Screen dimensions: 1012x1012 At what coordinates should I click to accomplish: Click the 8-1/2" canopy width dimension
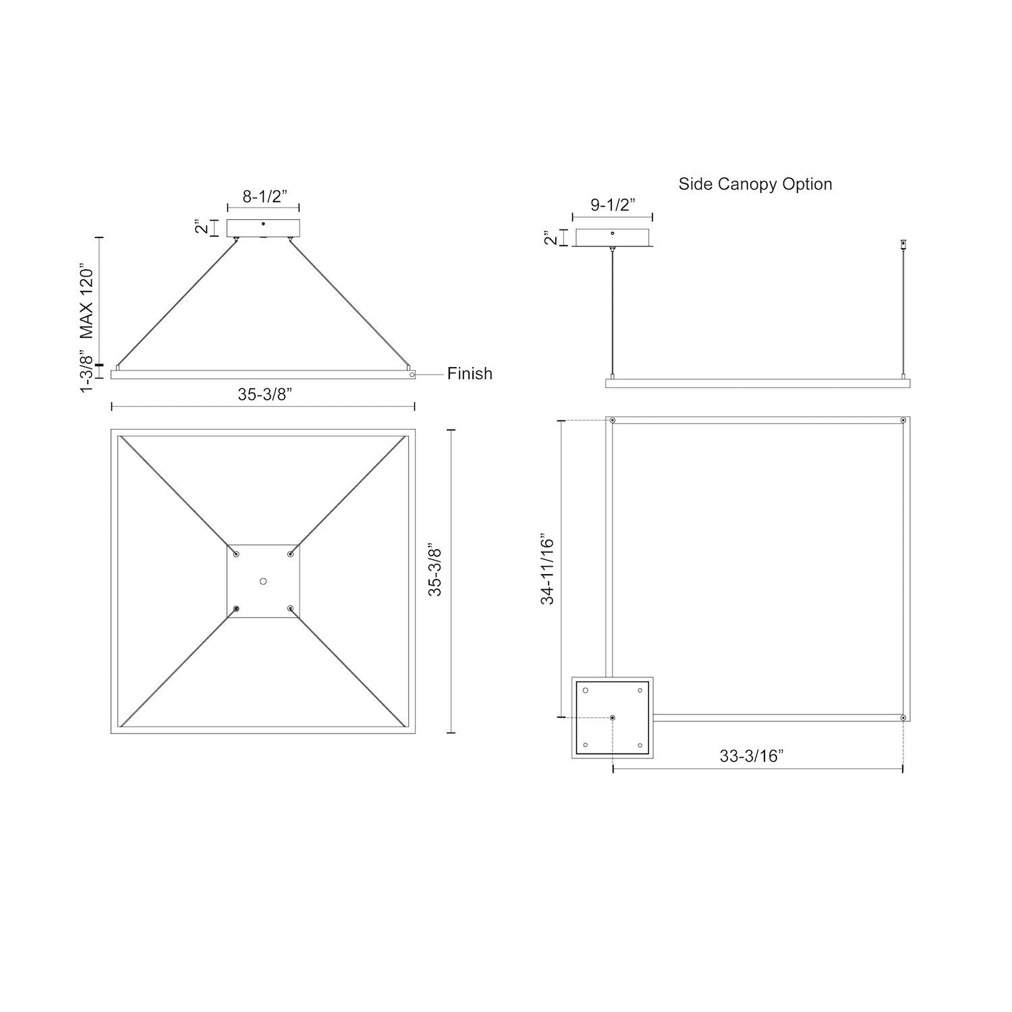coord(265,196)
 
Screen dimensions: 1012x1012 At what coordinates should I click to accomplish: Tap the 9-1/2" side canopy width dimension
coord(613,205)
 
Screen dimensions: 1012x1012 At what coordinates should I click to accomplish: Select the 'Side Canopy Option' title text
coord(755,184)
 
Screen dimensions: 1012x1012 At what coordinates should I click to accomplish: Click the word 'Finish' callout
coord(470,374)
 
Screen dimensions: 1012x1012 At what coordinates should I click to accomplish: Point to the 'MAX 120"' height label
coord(86,300)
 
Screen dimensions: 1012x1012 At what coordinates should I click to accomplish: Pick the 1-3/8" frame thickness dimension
coord(86,372)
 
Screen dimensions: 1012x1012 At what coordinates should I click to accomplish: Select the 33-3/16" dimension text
coord(751,756)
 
